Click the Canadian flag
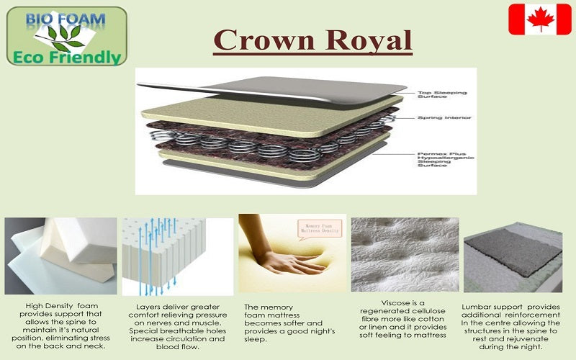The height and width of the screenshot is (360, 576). click(x=539, y=19)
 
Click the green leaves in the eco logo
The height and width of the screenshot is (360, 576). click(x=63, y=37)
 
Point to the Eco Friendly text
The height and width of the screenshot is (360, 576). click(x=66, y=56)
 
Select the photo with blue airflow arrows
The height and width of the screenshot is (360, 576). click(x=176, y=256)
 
